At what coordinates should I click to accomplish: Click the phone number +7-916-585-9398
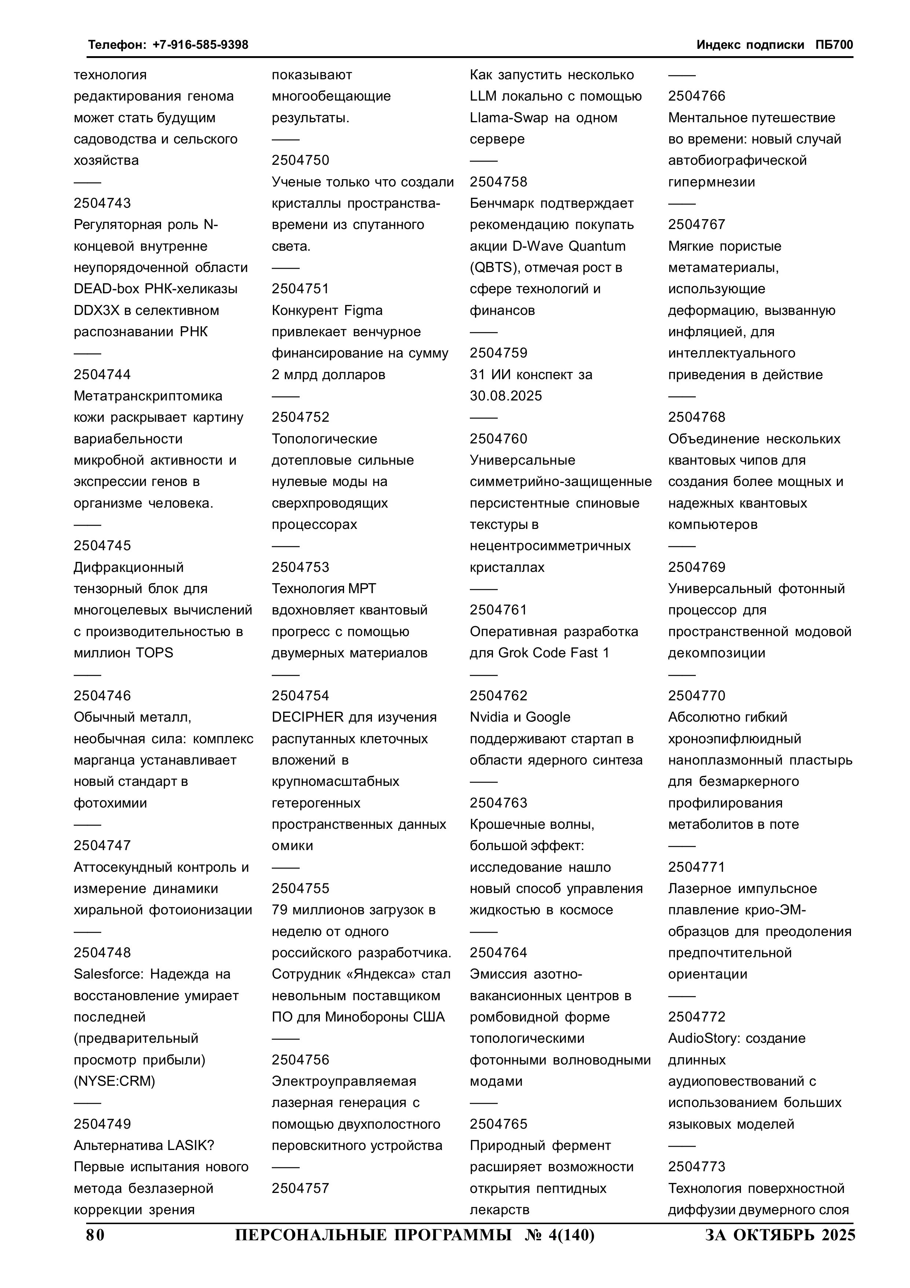[200, 45]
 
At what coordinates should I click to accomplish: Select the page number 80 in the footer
[95, 1235]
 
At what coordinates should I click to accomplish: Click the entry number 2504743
[102, 203]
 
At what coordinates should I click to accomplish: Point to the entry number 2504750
[300, 160]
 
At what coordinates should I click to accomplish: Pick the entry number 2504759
[498, 353]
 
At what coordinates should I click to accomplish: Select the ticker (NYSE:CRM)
[114, 1081]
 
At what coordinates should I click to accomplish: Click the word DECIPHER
[307, 717]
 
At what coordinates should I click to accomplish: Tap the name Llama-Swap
[510, 118]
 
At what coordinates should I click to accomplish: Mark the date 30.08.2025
[506, 396]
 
